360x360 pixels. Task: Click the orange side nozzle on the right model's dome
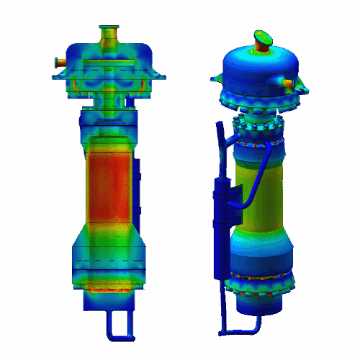point(291,86)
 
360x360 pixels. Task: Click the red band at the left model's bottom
point(108,289)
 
